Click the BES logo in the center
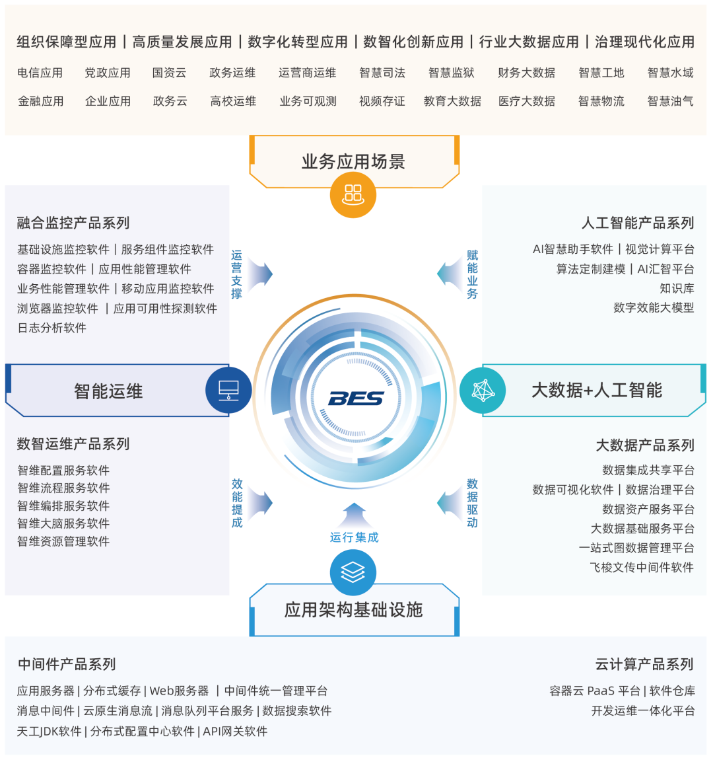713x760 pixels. pos(355,398)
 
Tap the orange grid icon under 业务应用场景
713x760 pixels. pos(353,194)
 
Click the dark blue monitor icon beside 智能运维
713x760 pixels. pos(228,390)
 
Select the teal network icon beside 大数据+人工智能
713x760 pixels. pos(483,390)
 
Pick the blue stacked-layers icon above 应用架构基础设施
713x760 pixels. pos(353,572)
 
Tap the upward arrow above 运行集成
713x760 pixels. pos(355,514)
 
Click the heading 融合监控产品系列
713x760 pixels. pos(73,223)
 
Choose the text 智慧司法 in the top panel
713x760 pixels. pos(382,73)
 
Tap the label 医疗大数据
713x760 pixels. pos(527,101)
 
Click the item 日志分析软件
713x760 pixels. pos(52,328)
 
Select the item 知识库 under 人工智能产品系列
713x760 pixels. pos(677,288)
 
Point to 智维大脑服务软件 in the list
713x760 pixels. pos(63,523)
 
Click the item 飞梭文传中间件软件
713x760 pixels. pos(642,567)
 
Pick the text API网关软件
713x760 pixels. pos(235,731)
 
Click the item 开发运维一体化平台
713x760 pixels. pos(643,710)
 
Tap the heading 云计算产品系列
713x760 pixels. pos(644,664)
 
